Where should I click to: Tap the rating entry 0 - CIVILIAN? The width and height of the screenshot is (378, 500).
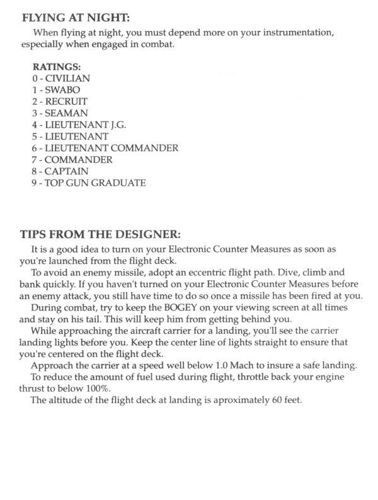click(x=61, y=78)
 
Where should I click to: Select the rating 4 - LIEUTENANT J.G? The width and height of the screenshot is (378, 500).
click(x=79, y=125)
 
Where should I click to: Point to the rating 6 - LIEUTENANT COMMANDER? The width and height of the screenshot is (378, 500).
click(x=105, y=148)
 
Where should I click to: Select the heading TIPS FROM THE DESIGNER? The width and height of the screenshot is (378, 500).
click(x=100, y=235)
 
